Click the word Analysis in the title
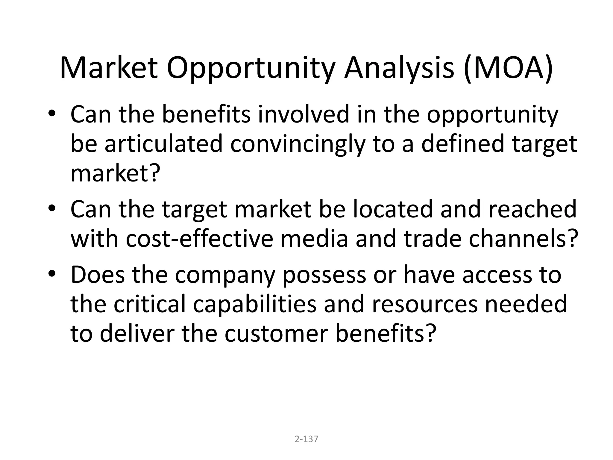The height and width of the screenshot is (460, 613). [x=399, y=68]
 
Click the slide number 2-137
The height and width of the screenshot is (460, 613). [x=306, y=439]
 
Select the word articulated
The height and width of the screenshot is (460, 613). [x=163, y=144]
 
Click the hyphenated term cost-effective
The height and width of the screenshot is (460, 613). [x=199, y=239]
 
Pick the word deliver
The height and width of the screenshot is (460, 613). [x=137, y=333]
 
